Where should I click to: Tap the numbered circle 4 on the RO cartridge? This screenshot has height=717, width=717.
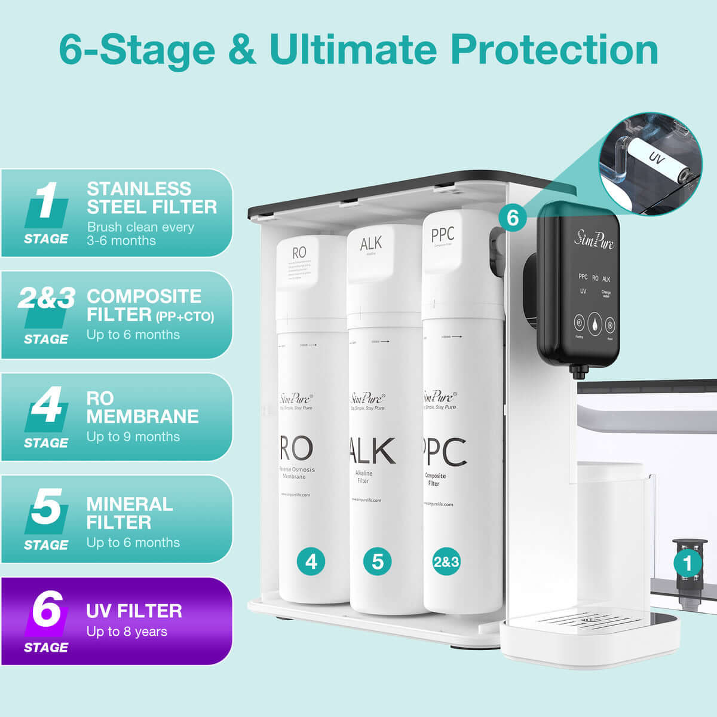tap(311, 562)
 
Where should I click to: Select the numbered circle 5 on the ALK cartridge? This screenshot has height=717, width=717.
tap(378, 562)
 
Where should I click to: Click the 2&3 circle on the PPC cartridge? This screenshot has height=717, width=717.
tap(446, 562)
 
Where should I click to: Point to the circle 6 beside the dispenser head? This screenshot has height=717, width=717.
tap(513, 217)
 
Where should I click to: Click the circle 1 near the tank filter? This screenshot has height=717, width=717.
tap(688, 563)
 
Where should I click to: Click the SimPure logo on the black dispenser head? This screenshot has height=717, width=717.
tap(594, 239)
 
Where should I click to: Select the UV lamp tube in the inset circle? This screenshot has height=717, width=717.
tap(654, 160)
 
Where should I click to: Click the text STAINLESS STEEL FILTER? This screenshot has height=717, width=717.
tap(152, 198)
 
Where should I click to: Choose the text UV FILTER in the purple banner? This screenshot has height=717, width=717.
tap(134, 611)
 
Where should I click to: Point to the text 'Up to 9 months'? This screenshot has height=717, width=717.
tap(133, 437)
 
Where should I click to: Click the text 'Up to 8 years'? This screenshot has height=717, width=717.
tap(127, 632)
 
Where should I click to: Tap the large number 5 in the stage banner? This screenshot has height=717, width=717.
tap(45, 507)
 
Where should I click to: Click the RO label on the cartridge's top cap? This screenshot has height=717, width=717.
tap(299, 253)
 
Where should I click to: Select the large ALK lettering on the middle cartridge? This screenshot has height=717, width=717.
tap(372, 451)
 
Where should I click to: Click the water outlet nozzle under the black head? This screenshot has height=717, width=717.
tap(578, 372)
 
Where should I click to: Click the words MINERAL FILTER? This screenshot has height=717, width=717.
tap(129, 513)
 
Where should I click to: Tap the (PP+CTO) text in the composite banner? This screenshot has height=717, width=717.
tap(185, 316)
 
